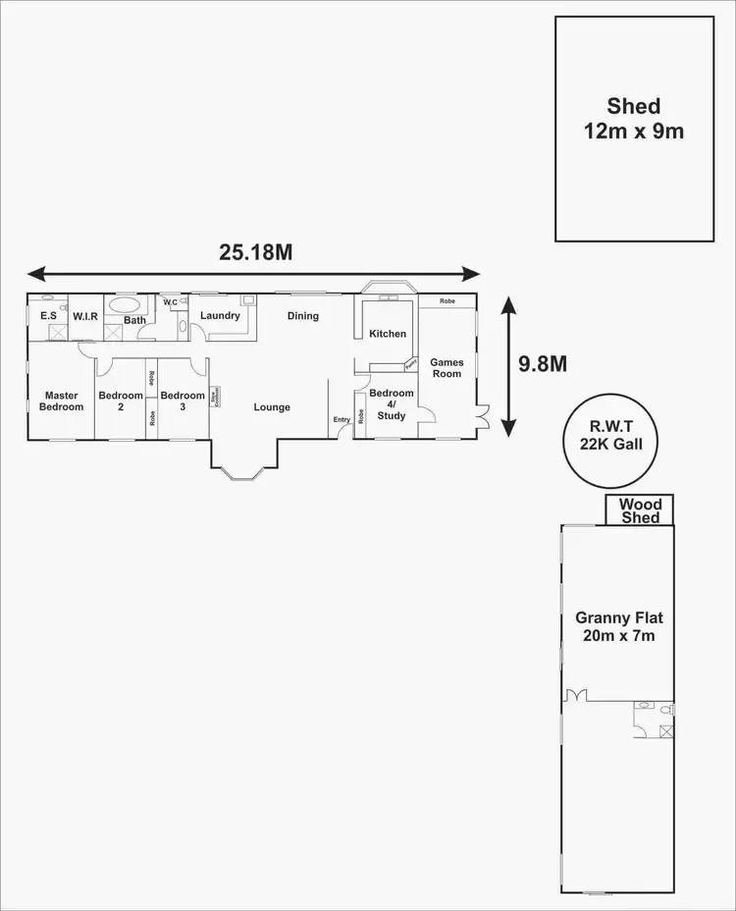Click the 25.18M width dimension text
click(256, 252)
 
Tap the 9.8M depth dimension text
click(542, 364)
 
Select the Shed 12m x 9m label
click(633, 118)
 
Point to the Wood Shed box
click(639, 510)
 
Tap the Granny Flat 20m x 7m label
click(618, 626)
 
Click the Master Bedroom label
click(61, 401)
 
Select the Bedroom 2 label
click(121, 401)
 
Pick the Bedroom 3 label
click(183, 401)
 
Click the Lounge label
click(272, 406)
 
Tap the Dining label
click(303, 316)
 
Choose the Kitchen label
click(388, 334)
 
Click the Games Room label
click(447, 367)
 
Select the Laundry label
click(220, 316)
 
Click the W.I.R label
click(84, 316)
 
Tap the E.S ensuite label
click(47, 316)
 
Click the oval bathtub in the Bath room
click(126, 304)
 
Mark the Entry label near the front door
click(342, 420)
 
